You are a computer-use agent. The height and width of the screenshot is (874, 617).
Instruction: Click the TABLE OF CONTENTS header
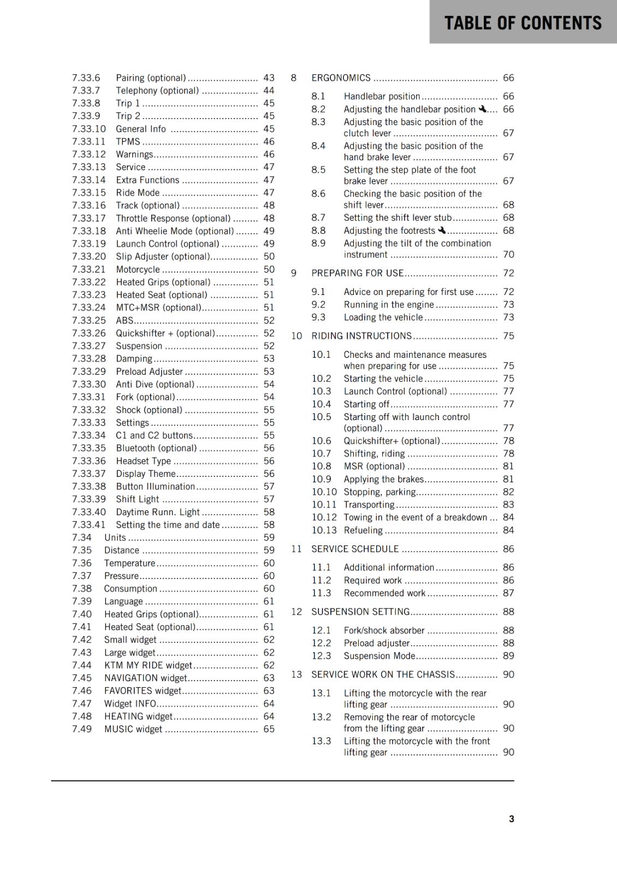[523, 23]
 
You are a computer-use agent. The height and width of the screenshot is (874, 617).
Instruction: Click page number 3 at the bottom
[511, 819]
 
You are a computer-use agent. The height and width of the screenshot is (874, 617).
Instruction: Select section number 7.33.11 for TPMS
[88, 141]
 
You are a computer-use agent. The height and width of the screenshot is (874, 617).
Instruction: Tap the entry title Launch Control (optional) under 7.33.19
[167, 244]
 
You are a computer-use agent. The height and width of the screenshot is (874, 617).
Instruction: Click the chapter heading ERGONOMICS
[341, 78]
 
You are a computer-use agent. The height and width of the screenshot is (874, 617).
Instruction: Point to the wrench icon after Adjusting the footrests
[442, 231]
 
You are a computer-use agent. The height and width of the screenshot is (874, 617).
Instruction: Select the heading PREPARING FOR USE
[357, 273]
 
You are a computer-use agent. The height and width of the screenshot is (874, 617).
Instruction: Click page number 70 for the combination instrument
[508, 255]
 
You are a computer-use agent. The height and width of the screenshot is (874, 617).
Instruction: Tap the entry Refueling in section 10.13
[363, 530]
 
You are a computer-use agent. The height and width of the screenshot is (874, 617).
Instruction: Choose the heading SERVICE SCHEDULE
[355, 549]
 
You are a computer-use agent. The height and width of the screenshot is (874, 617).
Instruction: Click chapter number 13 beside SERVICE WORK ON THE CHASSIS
[296, 675]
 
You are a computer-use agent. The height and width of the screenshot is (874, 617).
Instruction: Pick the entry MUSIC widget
[133, 729]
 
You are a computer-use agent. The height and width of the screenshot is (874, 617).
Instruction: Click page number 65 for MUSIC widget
[269, 729]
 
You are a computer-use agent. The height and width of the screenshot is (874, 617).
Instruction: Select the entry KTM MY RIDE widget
[148, 665]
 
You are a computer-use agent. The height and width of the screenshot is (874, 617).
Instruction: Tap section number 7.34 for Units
[81, 538]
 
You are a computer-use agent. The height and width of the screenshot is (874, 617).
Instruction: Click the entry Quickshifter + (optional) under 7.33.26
[165, 333]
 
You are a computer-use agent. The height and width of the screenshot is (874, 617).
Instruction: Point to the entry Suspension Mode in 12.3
[379, 656]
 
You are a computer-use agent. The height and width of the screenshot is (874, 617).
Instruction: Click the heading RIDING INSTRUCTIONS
[361, 336]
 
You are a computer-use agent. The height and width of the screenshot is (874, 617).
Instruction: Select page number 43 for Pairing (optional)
[269, 78]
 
